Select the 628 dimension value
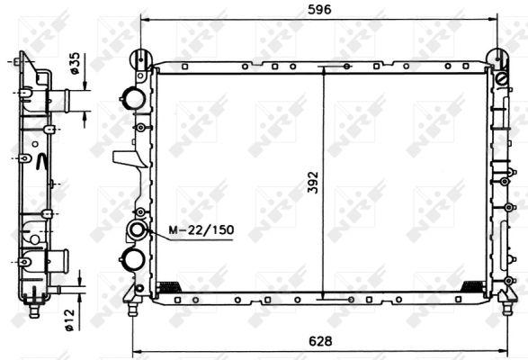coord(319,341)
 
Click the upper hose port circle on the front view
coord(134,97)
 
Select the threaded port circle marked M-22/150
coord(139,231)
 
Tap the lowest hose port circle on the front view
coord(134,260)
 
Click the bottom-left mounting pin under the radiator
coord(134,309)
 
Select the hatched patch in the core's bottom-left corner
coord(168,288)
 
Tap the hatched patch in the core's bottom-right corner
coord(470,287)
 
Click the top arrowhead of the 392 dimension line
coord(323,68)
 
